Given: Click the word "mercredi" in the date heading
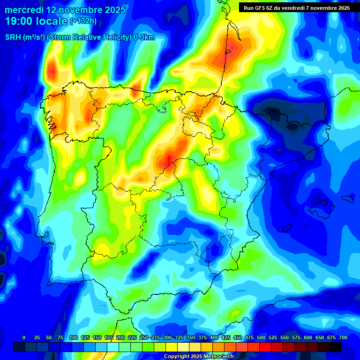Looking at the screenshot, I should coord(23,9).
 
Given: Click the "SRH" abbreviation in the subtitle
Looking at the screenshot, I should coord(13,37).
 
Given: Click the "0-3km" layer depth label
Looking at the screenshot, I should coord(144,37).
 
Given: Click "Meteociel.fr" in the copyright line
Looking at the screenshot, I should coord(215,356).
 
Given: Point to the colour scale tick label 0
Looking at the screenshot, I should coord(24,337).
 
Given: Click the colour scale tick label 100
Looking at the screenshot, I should coord(73,337).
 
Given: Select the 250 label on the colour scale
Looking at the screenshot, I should coord(143,337).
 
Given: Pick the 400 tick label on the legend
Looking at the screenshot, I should coord(214,337).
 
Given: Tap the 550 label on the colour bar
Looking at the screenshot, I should coord(285,337).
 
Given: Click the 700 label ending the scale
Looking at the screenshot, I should coord(343,337).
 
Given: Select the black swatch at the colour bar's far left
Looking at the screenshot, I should coord(19,347).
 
